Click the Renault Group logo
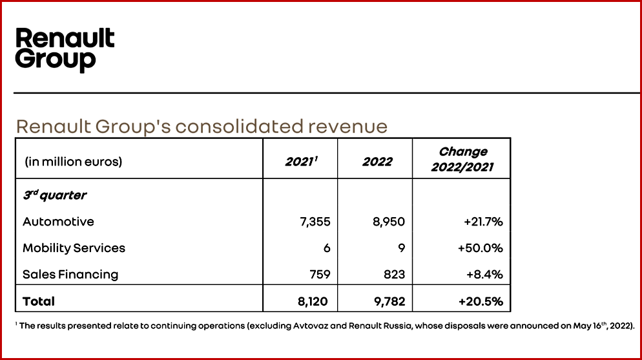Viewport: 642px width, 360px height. [x=65, y=49]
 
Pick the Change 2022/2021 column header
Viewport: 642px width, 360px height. [x=462, y=160]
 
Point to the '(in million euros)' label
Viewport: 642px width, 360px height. [x=73, y=162]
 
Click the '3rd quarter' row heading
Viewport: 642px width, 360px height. [x=55, y=195]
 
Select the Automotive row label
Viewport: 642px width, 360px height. [x=58, y=222]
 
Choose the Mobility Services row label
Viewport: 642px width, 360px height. [x=74, y=248]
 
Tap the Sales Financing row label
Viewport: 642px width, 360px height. [x=70, y=274]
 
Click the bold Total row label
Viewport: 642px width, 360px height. [x=39, y=301]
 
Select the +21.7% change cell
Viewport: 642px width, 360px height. [x=483, y=222]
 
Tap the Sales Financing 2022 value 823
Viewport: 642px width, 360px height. [x=393, y=274]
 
